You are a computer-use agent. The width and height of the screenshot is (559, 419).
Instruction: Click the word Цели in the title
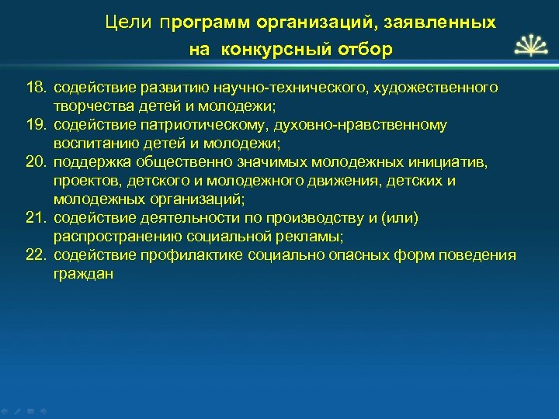click(128, 23)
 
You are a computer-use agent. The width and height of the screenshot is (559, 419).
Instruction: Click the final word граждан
click(84, 274)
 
